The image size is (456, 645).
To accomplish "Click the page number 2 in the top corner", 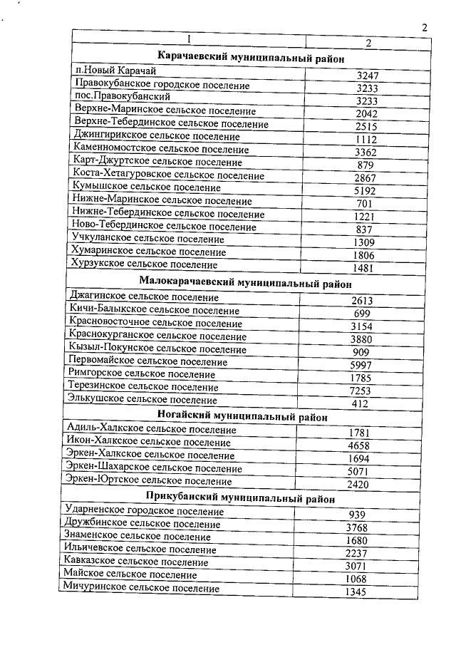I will (425, 28).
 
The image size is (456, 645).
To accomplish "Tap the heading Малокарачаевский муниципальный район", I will (246, 282).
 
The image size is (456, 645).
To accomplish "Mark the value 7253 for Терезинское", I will (363, 391).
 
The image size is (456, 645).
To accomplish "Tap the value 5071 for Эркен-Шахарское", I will (360, 472).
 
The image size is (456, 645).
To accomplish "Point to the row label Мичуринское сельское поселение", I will (140, 588).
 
